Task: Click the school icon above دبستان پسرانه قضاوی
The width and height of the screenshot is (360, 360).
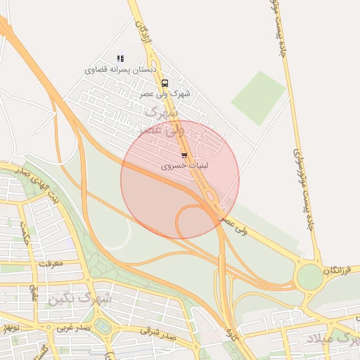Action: pyautogui.click(x=120, y=58)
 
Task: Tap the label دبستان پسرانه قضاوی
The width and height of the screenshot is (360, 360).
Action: pyautogui.click(x=115, y=70)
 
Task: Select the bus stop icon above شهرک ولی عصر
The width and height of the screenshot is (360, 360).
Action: pyautogui.click(x=165, y=83)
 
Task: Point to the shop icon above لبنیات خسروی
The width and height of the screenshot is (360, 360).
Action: pyautogui.click(x=184, y=155)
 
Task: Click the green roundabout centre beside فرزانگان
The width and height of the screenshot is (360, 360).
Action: pyautogui.click(x=309, y=277)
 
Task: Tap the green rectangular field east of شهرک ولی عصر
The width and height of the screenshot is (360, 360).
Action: pyautogui.click(x=259, y=98)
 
